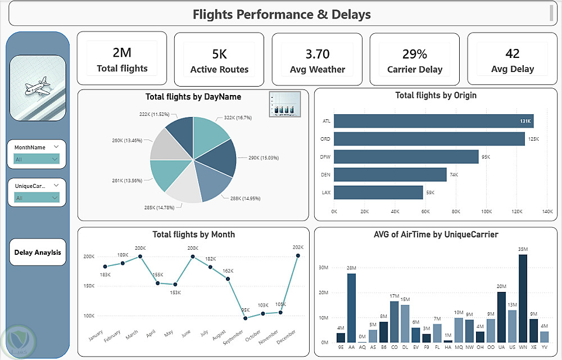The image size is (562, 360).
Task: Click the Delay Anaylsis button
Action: click(x=38, y=253)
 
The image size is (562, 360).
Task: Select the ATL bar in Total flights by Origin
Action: click(x=433, y=121)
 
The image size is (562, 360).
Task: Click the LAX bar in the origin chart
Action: click(x=378, y=192)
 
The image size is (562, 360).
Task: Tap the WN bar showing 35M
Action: click(x=523, y=298)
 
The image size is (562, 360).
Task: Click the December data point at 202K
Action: click(x=298, y=255)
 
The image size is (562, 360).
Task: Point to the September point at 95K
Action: click(x=245, y=318)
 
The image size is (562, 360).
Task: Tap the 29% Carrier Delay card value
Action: click(x=415, y=54)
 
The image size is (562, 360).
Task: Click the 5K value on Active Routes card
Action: click(x=219, y=54)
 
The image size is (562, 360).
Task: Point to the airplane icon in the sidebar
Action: click(x=38, y=88)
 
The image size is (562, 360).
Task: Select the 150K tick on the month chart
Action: click(x=89, y=286)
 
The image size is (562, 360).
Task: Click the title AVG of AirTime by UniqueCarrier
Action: click(x=436, y=234)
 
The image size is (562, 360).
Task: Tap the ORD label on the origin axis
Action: click(x=327, y=139)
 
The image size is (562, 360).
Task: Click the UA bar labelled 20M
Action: click(x=502, y=317)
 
